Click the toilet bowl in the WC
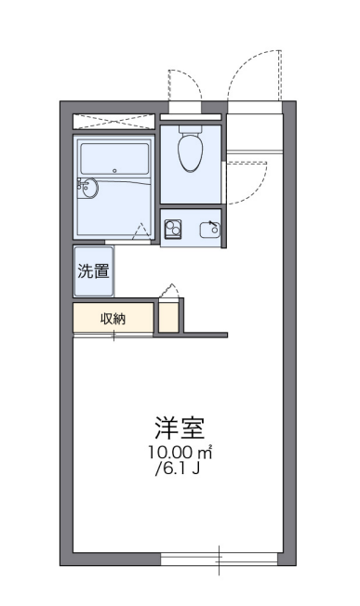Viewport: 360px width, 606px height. point(191,149)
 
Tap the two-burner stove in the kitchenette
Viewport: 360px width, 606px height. point(173,229)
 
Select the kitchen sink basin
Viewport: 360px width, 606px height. point(209,230)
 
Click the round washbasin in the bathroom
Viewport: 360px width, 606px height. point(89,189)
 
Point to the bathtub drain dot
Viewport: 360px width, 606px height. point(114,170)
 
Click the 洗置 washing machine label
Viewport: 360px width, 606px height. point(93,270)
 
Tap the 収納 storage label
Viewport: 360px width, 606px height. point(113,319)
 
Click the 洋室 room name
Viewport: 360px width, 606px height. point(180,428)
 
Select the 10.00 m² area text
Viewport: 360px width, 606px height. point(180,453)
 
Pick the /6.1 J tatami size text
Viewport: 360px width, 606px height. point(178,468)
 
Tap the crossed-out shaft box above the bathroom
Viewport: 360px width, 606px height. point(114,121)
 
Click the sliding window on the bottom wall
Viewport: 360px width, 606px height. point(219,560)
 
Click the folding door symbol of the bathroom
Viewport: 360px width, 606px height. point(140,231)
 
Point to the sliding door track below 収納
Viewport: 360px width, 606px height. point(113,336)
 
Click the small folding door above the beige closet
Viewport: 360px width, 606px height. point(169,290)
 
